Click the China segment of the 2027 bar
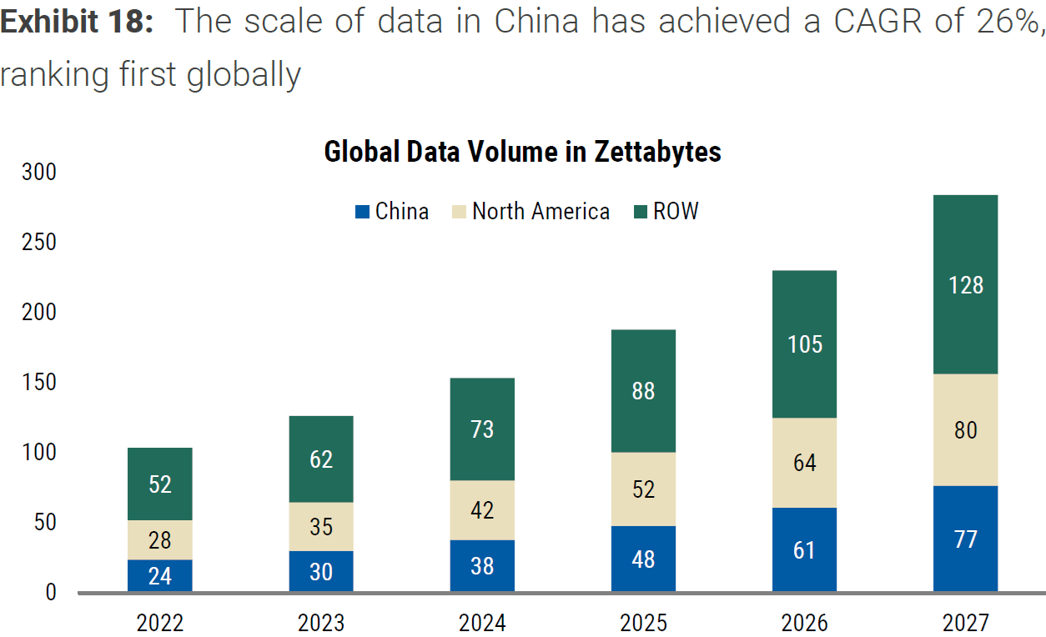[966, 539]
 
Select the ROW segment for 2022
[160, 484]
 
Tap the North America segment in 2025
[643, 489]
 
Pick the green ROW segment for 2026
[804, 344]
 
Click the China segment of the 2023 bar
[321, 571]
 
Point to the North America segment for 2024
[482, 510]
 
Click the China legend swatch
[362, 212]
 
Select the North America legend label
[541, 212]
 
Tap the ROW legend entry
[666, 212]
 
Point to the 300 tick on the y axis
[39, 172]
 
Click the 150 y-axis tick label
[39, 383]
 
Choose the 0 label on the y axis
[50, 592]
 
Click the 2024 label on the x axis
[482, 622]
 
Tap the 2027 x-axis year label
[966, 622]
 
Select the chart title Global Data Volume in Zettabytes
[522, 152]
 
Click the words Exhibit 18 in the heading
[77, 22]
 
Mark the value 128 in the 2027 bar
[966, 285]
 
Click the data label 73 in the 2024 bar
[482, 429]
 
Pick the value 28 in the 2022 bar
[160, 539]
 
